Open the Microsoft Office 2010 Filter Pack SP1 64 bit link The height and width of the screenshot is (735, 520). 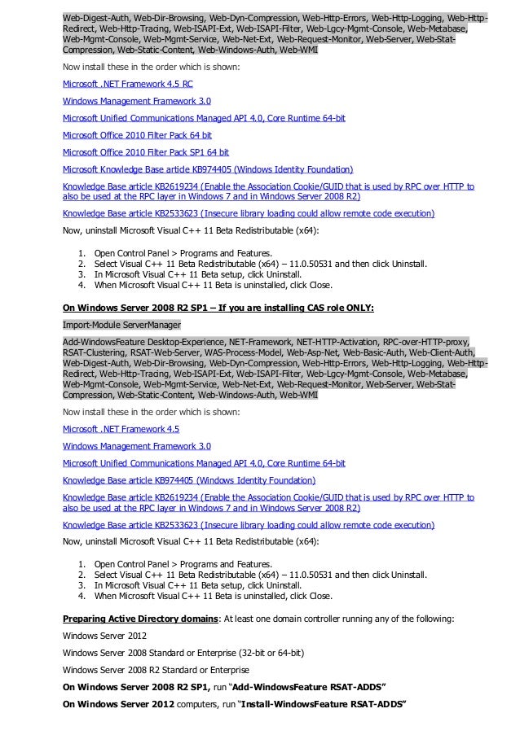145,152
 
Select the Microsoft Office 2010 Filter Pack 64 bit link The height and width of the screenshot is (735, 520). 137,135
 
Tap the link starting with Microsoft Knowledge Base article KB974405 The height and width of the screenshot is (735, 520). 208,169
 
